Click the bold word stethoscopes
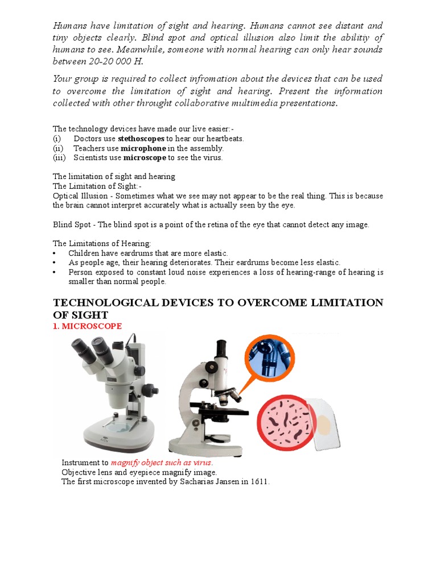[141, 139]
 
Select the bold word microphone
[143, 148]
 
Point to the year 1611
[259, 482]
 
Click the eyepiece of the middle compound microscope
[222, 347]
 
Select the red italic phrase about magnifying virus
[162, 463]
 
